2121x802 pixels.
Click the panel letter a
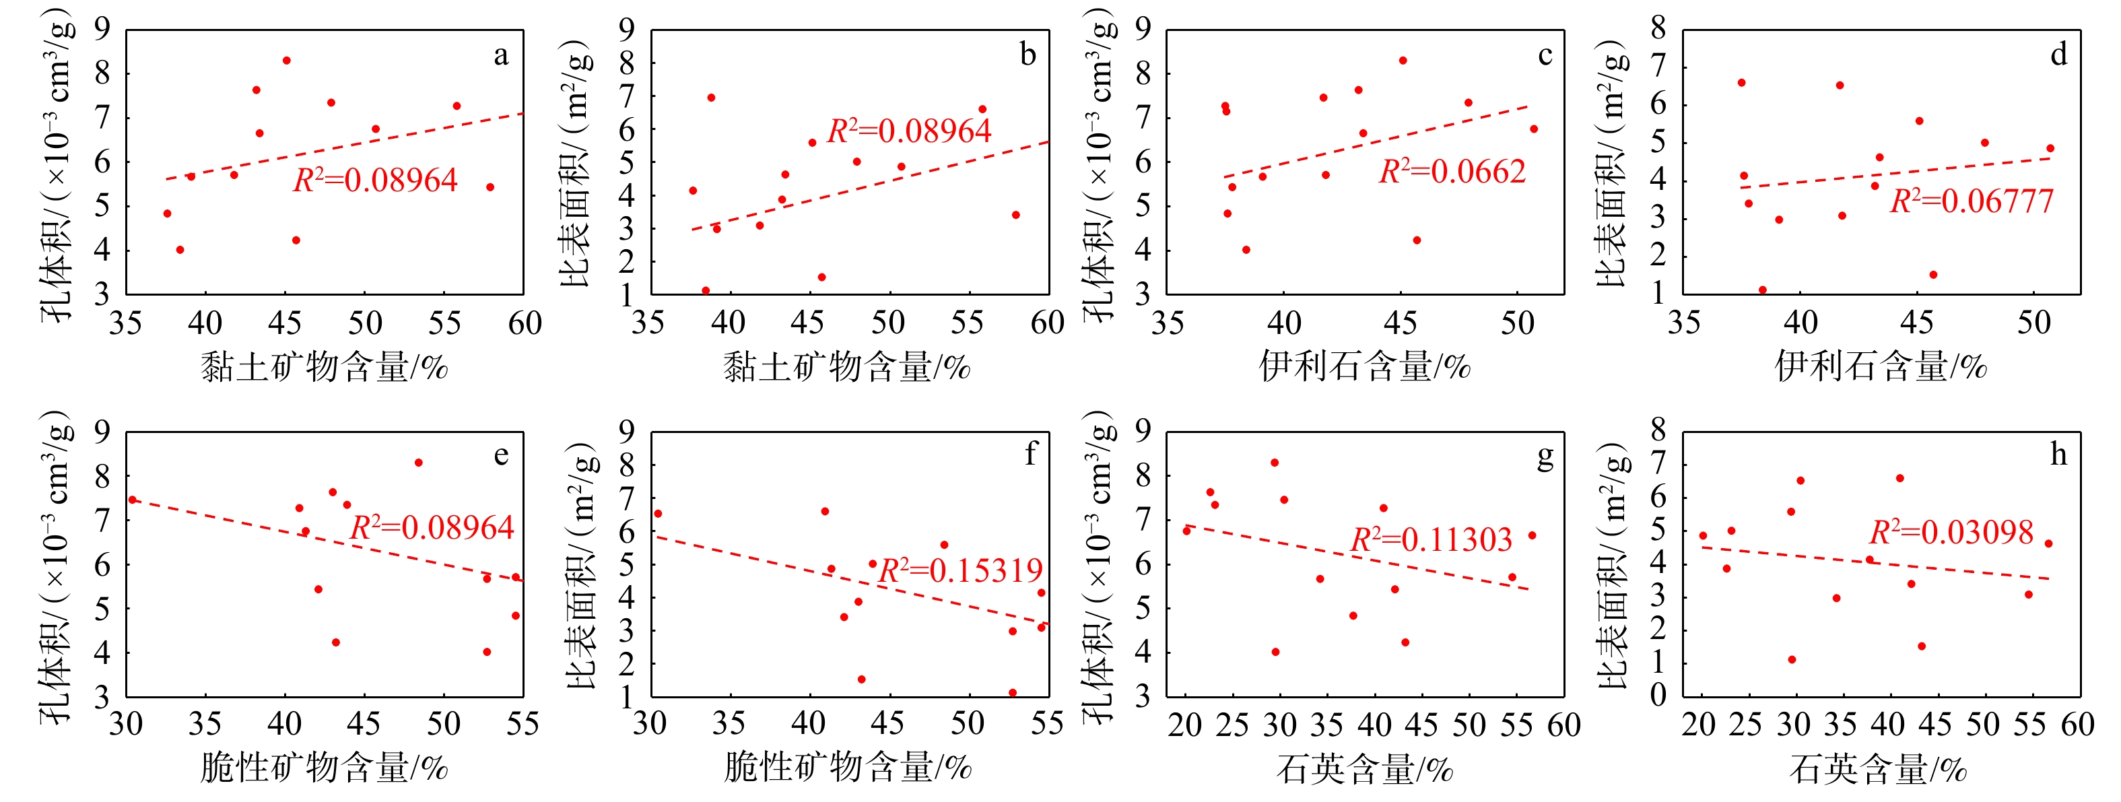[500, 56]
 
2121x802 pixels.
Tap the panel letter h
[2058, 455]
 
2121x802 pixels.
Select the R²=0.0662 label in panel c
[1452, 171]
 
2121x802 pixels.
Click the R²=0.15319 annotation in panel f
[961, 570]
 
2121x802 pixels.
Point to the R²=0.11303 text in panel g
[1432, 540]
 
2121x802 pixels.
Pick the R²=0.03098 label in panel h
[1951, 533]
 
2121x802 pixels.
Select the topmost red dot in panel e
[418, 463]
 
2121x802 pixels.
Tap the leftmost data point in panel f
[658, 514]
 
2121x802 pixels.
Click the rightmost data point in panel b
[1016, 215]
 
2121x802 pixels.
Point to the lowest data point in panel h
[1792, 659]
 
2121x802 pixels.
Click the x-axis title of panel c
[1364, 366]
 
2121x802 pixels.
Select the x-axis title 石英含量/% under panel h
[1878, 769]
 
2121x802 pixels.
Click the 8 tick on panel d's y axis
[1658, 29]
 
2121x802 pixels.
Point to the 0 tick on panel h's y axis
[1658, 696]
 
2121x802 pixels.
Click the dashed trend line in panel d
[1893, 173]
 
